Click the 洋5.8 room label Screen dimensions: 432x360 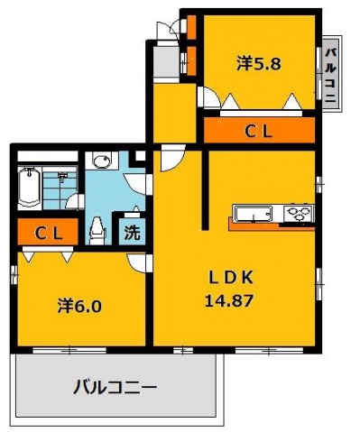(258, 63)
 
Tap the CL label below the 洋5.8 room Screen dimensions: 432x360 (260, 132)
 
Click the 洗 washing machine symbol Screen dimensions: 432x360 (132, 231)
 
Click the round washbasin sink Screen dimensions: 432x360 (102, 162)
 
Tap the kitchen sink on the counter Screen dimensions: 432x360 (255, 214)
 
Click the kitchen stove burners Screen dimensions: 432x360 (298, 214)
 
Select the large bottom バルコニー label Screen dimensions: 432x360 (115, 390)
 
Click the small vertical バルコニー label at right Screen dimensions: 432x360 (330, 76)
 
